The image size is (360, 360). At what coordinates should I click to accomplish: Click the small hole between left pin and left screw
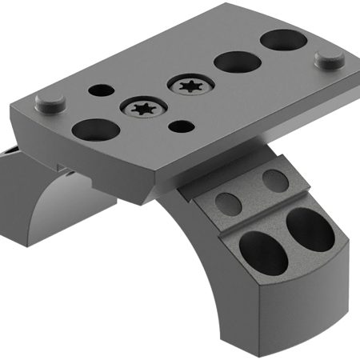coord(103,91)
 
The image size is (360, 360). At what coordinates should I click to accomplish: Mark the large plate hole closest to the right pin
coord(280,38)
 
